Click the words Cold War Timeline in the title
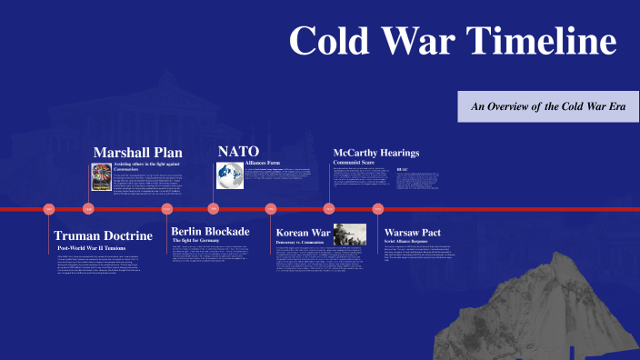point(453,42)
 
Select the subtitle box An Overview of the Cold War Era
point(548,106)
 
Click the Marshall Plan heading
point(138,152)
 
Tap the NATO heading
point(238,151)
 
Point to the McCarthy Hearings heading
point(376,152)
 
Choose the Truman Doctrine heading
point(103,235)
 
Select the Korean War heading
point(303,233)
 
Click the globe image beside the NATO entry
point(230,175)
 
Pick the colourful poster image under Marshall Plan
point(101,176)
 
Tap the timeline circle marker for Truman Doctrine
point(50,209)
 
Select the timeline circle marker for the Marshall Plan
point(89,209)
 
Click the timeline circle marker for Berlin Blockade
point(167,209)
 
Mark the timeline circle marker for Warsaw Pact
point(378,209)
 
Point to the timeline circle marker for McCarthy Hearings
point(329,209)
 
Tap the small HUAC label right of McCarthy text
point(402,169)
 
